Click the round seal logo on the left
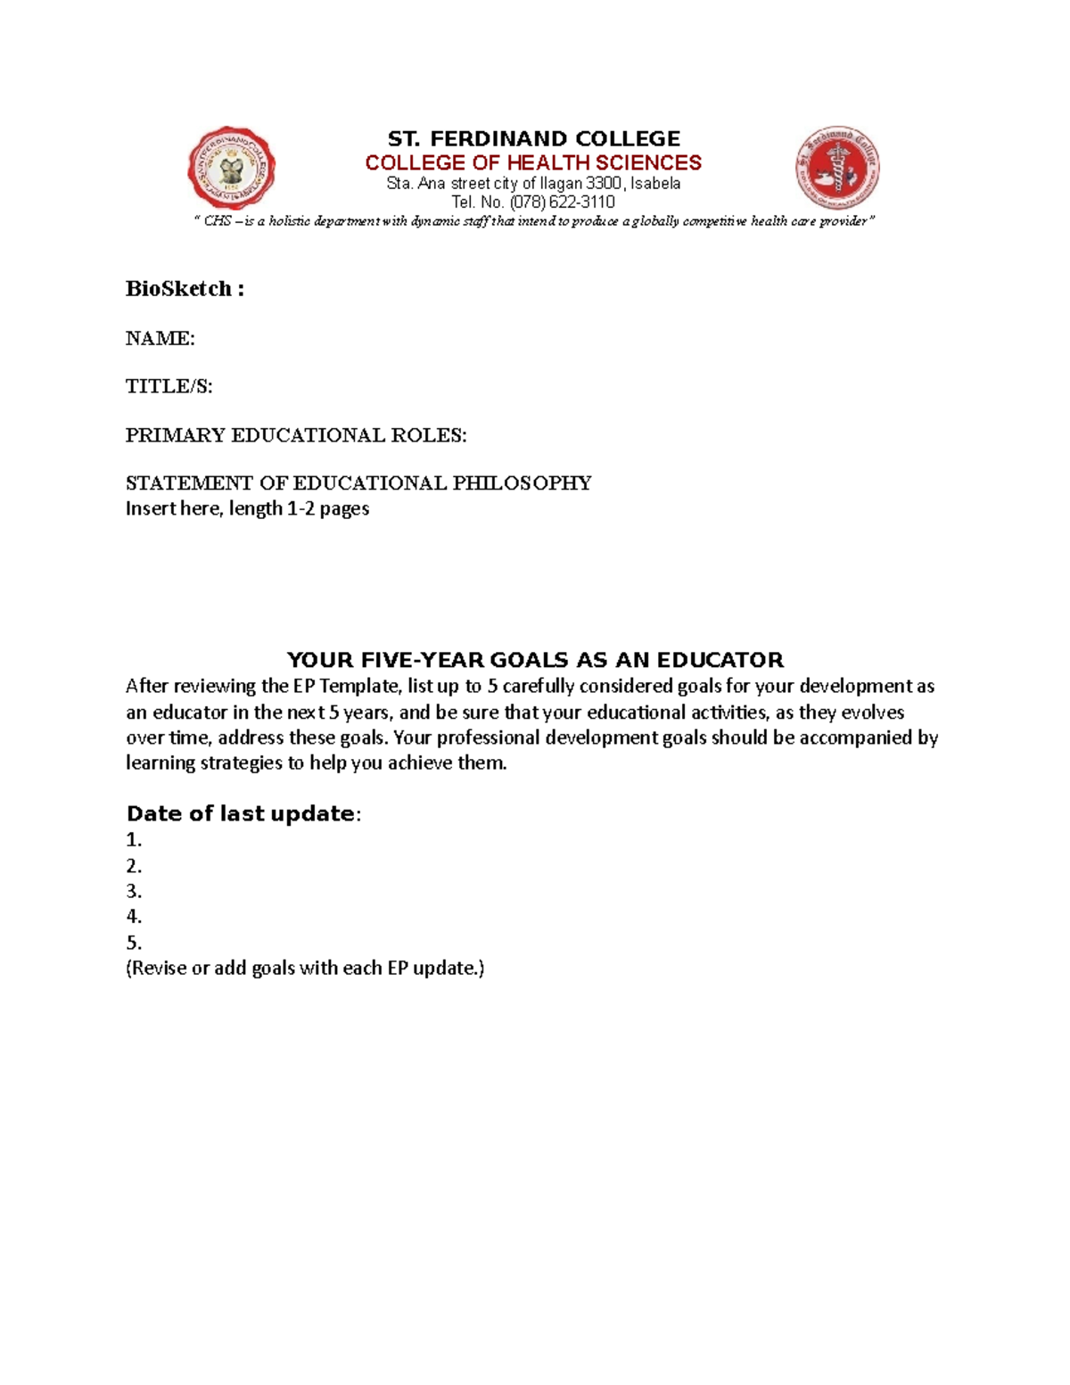coord(231,169)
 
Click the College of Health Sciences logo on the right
coord(837,168)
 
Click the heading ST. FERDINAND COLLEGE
coord(533,139)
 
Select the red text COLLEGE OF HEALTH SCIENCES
coord(533,163)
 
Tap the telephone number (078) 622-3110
coord(562,202)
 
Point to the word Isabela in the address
coord(655,184)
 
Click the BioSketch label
coord(184,289)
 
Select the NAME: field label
coord(160,339)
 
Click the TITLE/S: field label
coord(169,387)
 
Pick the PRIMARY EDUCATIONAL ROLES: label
coord(295,435)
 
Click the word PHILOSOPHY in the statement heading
coord(522,483)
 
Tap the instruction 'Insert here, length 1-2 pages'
coord(247,509)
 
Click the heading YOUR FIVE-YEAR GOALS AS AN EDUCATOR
coord(534,660)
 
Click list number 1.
coord(134,840)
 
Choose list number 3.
coord(134,891)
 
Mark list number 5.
coord(134,943)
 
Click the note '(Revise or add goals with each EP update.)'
coord(305,969)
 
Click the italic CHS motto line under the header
coord(534,221)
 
